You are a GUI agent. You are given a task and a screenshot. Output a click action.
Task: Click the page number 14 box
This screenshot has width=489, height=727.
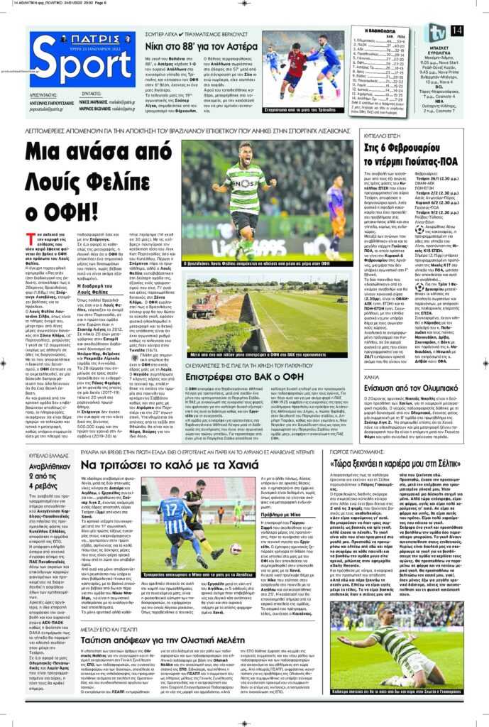[x=456, y=30]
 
